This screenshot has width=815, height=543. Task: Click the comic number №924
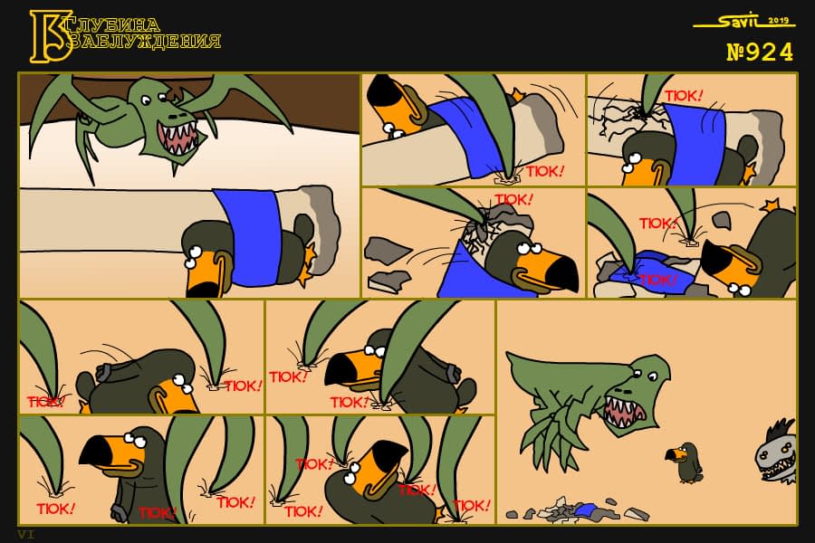[x=760, y=52]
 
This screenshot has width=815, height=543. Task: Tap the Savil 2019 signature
[x=744, y=22]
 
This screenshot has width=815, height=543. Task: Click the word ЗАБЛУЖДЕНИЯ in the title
[x=146, y=41]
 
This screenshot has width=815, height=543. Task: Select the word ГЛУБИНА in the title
[x=114, y=24]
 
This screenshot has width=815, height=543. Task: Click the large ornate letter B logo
[x=50, y=36]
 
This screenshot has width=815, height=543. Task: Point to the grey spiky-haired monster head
[x=775, y=452]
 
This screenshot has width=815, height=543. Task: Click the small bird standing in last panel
[x=686, y=462]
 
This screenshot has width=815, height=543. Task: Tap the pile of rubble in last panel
[x=577, y=510]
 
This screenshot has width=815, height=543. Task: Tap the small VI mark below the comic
[x=26, y=534]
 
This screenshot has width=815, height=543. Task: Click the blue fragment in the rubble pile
[x=585, y=509]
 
